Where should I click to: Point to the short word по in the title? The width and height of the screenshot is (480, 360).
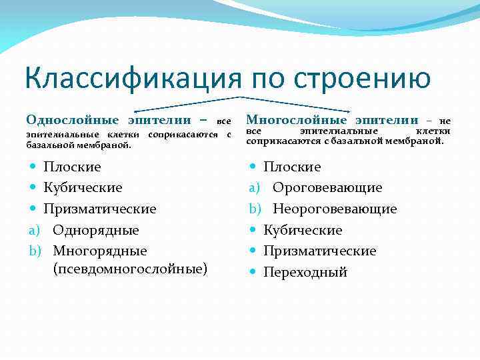tap(270, 79)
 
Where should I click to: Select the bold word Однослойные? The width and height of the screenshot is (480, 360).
tap(73, 120)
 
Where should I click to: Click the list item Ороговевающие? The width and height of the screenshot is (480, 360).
tap(327, 187)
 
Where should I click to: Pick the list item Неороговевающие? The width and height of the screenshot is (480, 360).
tap(335, 209)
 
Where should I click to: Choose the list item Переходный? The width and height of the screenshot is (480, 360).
tap(305, 272)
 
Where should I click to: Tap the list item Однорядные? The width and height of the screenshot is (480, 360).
tap(96, 230)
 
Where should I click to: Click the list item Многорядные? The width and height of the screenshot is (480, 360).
tap(100, 251)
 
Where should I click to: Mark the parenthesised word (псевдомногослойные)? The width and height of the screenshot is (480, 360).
tap(130, 269)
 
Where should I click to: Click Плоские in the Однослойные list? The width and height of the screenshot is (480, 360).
tap(72, 167)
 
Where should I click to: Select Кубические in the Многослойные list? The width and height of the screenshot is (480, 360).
tap(303, 230)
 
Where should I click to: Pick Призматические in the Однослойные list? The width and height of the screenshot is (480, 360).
tap(100, 209)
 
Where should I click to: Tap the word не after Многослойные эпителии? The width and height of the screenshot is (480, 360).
tap(445, 121)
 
